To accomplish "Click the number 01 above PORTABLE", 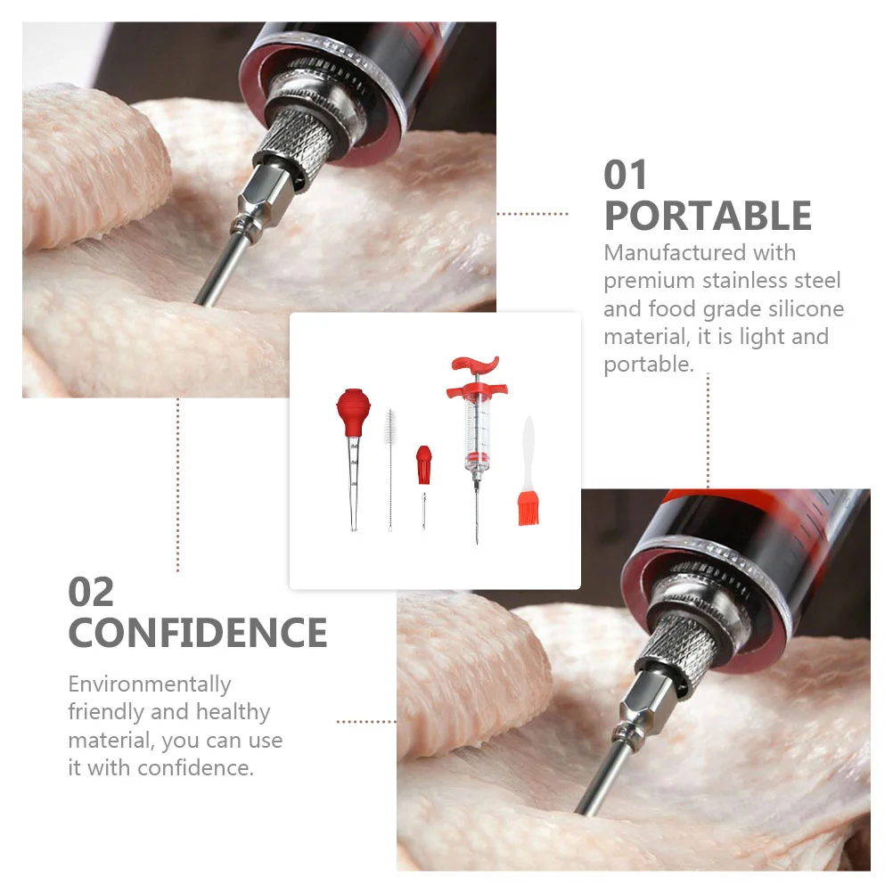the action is [626, 175].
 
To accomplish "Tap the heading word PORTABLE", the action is [708, 217].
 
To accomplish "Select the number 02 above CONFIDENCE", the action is [91, 593].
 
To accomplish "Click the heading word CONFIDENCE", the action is [198, 633].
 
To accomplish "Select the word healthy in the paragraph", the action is [233, 713].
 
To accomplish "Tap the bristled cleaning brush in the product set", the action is [390, 470].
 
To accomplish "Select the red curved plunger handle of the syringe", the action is [475, 365].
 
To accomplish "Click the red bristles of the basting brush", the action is [528, 509].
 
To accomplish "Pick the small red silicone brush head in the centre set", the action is [423, 464].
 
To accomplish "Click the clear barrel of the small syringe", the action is [477, 433].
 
